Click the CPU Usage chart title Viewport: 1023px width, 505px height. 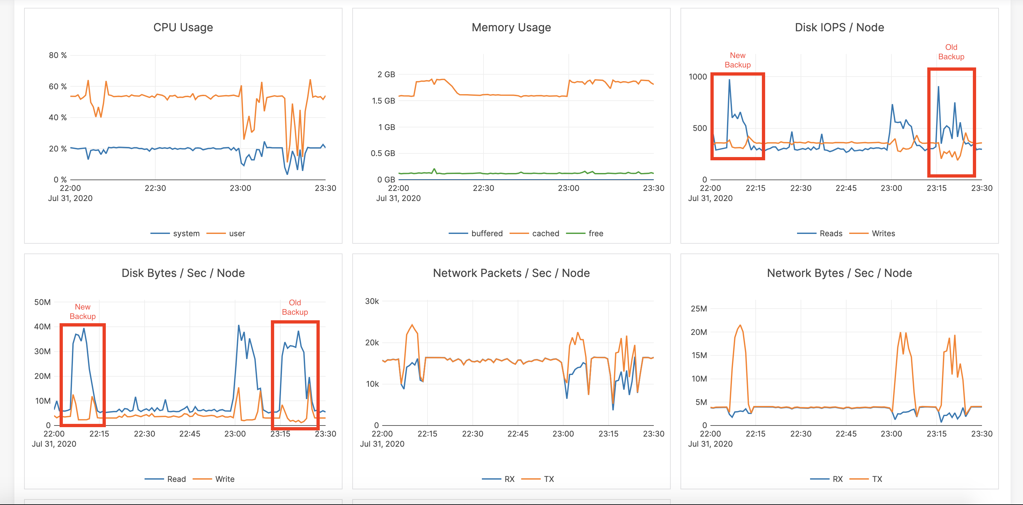[x=183, y=27]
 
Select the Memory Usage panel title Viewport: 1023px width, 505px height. [x=511, y=27]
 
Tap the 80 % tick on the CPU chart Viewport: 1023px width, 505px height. [x=58, y=55]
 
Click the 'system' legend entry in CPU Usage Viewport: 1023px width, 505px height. [x=186, y=234]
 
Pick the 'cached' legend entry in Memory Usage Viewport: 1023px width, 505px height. [x=545, y=234]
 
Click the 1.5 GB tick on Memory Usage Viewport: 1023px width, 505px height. [x=383, y=101]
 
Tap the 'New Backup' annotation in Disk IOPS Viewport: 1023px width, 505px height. [x=737, y=60]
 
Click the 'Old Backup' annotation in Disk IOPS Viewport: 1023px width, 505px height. [x=951, y=52]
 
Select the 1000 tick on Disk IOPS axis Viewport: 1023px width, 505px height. [x=698, y=77]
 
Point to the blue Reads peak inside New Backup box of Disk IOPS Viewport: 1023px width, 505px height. [x=729, y=80]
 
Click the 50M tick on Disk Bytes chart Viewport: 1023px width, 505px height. [x=43, y=302]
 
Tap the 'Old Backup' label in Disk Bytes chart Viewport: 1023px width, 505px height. [x=295, y=307]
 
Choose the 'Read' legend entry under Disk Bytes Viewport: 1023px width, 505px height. [x=176, y=479]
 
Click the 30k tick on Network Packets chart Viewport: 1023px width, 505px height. [x=372, y=301]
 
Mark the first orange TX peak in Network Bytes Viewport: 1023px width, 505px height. [x=740, y=325]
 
